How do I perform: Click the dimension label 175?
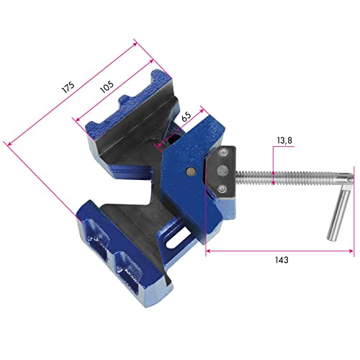click(x=68, y=87)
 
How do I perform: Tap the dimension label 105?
click(x=107, y=86)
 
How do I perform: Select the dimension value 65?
click(x=186, y=116)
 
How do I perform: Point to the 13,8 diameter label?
click(x=284, y=140)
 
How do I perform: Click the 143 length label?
click(x=282, y=260)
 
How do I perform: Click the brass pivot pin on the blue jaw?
click(x=191, y=171)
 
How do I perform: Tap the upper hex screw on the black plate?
click(x=222, y=153)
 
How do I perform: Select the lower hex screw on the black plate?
click(x=222, y=189)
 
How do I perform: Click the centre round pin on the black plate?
click(x=222, y=171)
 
